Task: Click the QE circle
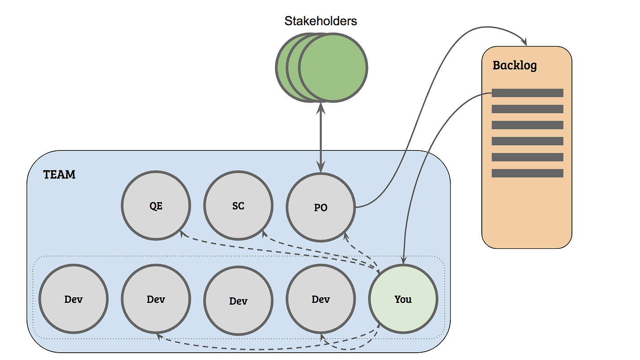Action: pos(156,206)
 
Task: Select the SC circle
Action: pos(238,206)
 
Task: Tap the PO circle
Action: pos(320,207)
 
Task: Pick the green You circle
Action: pos(403,299)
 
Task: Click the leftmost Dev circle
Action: pos(74,299)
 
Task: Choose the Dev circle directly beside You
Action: pos(320,299)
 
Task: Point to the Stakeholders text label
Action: pos(320,21)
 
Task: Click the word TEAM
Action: pos(59,174)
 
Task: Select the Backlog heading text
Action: pos(515,65)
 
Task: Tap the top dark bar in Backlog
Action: pos(528,93)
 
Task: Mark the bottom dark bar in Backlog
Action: pos(528,173)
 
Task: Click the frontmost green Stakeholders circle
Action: pos(333,67)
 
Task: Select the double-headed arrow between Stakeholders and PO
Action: pos(321,137)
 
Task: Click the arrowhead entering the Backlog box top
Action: pos(526,43)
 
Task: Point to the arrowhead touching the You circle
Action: pos(403,261)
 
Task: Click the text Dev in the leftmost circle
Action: pos(74,300)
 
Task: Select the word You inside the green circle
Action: pos(403,299)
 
